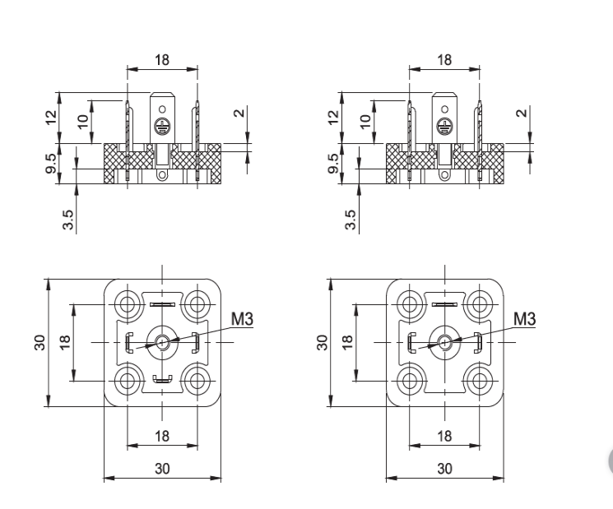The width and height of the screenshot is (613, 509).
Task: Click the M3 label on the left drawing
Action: (240, 318)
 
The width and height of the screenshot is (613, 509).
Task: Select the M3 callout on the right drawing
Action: (523, 318)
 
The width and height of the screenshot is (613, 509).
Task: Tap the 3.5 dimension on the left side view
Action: (68, 220)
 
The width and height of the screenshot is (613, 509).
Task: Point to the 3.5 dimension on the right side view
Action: (351, 220)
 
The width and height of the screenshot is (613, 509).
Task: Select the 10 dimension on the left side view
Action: (82, 122)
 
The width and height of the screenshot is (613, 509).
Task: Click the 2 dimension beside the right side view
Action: (521, 113)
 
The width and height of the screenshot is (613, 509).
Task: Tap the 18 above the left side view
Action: (162, 60)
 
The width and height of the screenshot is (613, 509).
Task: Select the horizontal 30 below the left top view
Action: (162, 468)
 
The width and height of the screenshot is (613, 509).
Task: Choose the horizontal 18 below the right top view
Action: (445, 436)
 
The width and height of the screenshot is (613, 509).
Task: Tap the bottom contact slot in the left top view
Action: (162, 379)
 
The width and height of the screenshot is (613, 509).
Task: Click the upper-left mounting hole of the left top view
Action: (128, 305)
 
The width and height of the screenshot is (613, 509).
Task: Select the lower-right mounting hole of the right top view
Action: (479, 379)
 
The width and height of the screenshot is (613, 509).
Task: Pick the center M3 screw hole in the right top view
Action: (445, 342)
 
